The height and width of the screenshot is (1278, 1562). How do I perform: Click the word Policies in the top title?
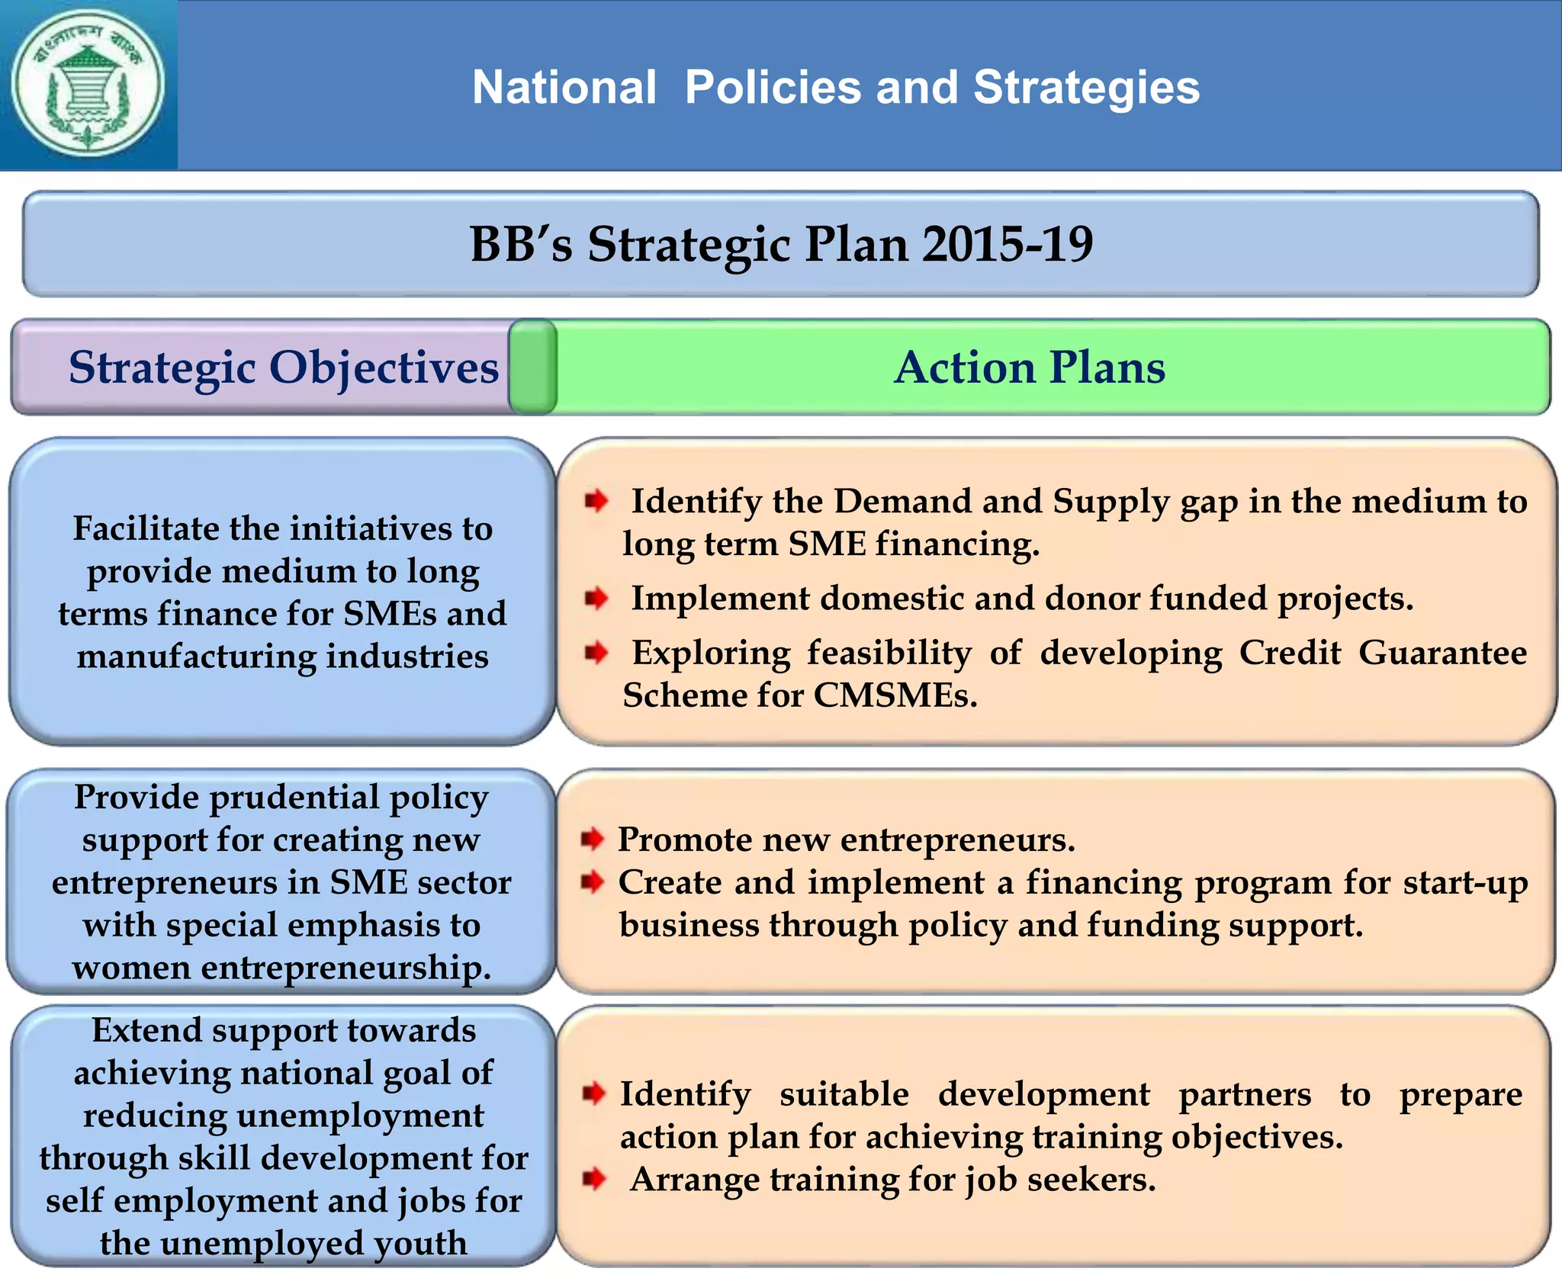tap(773, 87)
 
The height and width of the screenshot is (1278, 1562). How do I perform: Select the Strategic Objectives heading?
tap(283, 368)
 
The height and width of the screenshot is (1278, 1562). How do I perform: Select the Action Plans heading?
tap(1030, 368)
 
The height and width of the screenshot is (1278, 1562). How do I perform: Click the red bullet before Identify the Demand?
tap(596, 501)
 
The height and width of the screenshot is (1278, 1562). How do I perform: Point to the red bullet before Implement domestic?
tap(596, 599)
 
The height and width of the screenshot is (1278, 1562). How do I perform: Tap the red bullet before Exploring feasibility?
tap(596, 653)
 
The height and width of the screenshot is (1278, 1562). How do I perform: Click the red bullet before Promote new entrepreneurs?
tap(592, 839)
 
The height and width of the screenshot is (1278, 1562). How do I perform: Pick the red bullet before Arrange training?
tap(593, 1179)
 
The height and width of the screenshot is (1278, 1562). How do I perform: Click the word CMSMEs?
tap(895, 695)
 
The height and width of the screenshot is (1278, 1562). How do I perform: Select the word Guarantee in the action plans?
tap(1442, 653)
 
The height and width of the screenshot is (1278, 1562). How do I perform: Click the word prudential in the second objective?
tap(294, 798)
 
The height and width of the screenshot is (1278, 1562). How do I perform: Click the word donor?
tap(1091, 599)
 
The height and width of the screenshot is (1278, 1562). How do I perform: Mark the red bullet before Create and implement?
tap(592, 882)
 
